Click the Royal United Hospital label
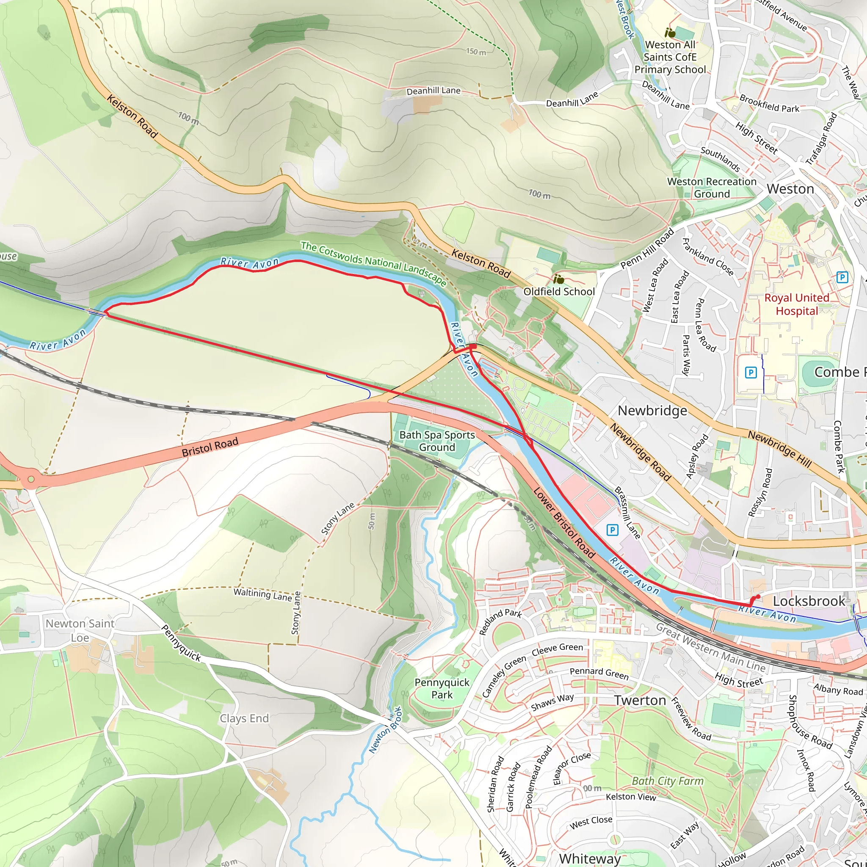coord(797,304)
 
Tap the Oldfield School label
coord(559,291)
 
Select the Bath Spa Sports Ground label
coord(436,441)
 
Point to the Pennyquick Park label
coord(442,688)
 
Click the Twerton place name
coord(640,700)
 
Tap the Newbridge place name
coord(652,411)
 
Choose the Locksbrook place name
coord(809,601)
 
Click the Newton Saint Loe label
coord(80,630)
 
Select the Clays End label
coord(244,718)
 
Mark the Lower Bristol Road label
coord(564,523)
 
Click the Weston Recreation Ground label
coord(712,188)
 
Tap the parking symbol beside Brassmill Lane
coord(612,530)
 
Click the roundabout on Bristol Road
coord(30,479)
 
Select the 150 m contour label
coord(476,52)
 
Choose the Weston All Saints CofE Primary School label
coord(670,57)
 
